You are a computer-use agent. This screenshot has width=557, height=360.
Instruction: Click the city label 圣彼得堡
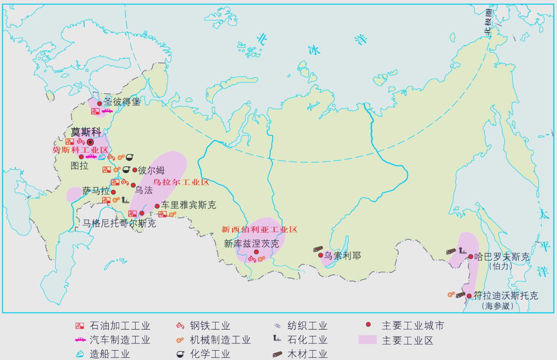pyautogui.click(x=122, y=102)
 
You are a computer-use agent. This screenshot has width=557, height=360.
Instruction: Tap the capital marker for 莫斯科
pyautogui.click(x=90, y=142)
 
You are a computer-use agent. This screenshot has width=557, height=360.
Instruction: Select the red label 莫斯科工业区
pyautogui.click(x=80, y=150)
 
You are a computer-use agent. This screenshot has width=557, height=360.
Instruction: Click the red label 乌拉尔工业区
pyautogui.click(x=181, y=183)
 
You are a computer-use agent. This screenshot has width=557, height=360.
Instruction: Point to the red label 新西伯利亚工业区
pyautogui.click(x=259, y=230)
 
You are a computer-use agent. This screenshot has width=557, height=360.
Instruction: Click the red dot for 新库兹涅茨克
pyautogui.click(x=256, y=252)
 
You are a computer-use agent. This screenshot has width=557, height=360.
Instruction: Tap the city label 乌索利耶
pyautogui.click(x=342, y=255)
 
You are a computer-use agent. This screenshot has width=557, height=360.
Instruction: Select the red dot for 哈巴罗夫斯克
pyautogui.click(x=470, y=256)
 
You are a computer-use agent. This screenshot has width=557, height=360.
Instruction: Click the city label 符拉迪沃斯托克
pyautogui.click(x=505, y=296)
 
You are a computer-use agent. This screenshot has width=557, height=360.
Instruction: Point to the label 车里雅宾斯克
pyautogui.click(x=189, y=205)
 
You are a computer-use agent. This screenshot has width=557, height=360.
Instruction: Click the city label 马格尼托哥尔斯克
pyautogui.click(x=119, y=223)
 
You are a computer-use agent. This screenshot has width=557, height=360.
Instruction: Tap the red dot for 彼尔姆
pyautogui.click(x=135, y=170)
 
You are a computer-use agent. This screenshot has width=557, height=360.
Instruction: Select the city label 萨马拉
pyautogui.click(x=96, y=191)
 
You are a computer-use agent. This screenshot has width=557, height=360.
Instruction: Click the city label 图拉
pyautogui.click(x=79, y=166)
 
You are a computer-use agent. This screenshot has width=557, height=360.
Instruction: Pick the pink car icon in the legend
pyautogui.click(x=80, y=340)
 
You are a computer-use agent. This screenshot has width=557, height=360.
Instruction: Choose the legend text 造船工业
pyautogui.click(x=109, y=354)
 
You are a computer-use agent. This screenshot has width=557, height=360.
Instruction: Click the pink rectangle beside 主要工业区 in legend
pyautogui.click(x=368, y=340)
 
